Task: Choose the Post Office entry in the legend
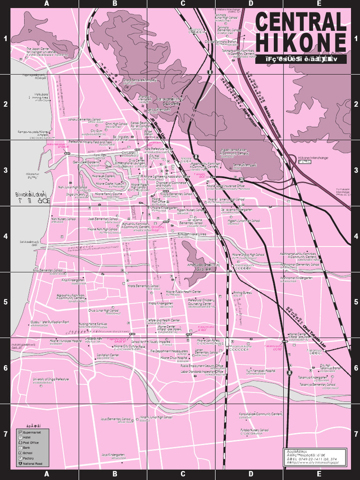[x=31, y=442]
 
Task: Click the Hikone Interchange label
[x=313, y=158]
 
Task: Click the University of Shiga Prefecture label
[x=51, y=379]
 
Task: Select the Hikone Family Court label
[x=108, y=193]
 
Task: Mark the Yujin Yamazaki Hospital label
[x=261, y=370]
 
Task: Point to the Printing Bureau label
[x=242, y=292]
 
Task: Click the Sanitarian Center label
[x=107, y=355]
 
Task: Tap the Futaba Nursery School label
[x=255, y=429]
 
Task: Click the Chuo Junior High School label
[x=104, y=310]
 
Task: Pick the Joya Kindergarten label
[x=113, y=455]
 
